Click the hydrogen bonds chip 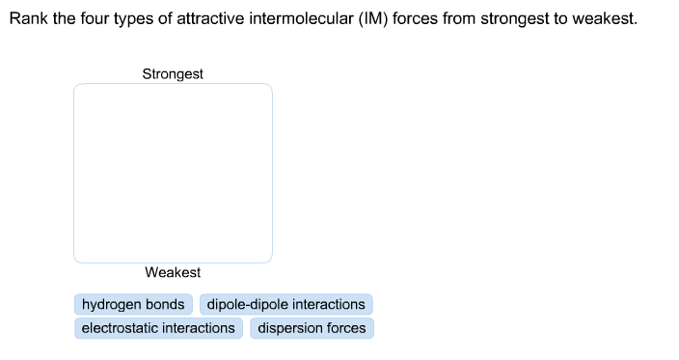click(133, 305)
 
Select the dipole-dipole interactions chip click(285, 305)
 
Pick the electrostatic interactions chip click(158, 328)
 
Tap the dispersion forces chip click(312, 328)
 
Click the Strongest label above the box click(173, 74)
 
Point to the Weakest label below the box click(173, 273)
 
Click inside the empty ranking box click(173, 173)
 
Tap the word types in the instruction click(134, 19)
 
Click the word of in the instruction click(169, 19)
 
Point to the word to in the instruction click(559, 19)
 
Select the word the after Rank click(63, 19)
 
